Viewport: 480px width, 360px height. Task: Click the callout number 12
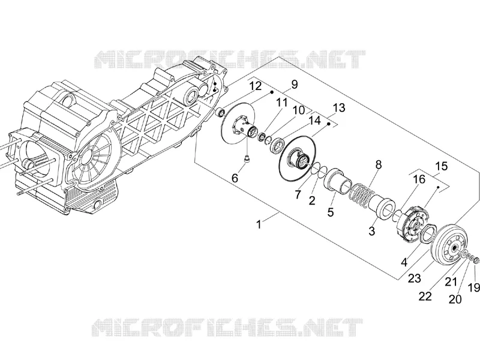point(256,86)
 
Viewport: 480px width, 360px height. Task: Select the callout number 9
point(295,84)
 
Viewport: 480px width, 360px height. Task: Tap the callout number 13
point(338,108)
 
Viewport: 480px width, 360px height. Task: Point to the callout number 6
point(235,178)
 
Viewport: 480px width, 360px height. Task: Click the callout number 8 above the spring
point(379,164)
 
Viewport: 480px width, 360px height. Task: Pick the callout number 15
point(441,166)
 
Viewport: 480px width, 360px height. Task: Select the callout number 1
point(259,224)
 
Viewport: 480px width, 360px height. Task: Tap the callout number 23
point(415,278)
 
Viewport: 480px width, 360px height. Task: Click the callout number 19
point(474,288)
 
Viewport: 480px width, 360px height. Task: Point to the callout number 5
point(331,212)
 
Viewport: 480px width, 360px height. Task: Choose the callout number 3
point(371,231)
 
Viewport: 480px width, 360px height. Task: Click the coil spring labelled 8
point(362,193)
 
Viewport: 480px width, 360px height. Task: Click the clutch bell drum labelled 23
point(448,244)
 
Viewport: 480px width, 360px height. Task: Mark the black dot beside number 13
point(329,124)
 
